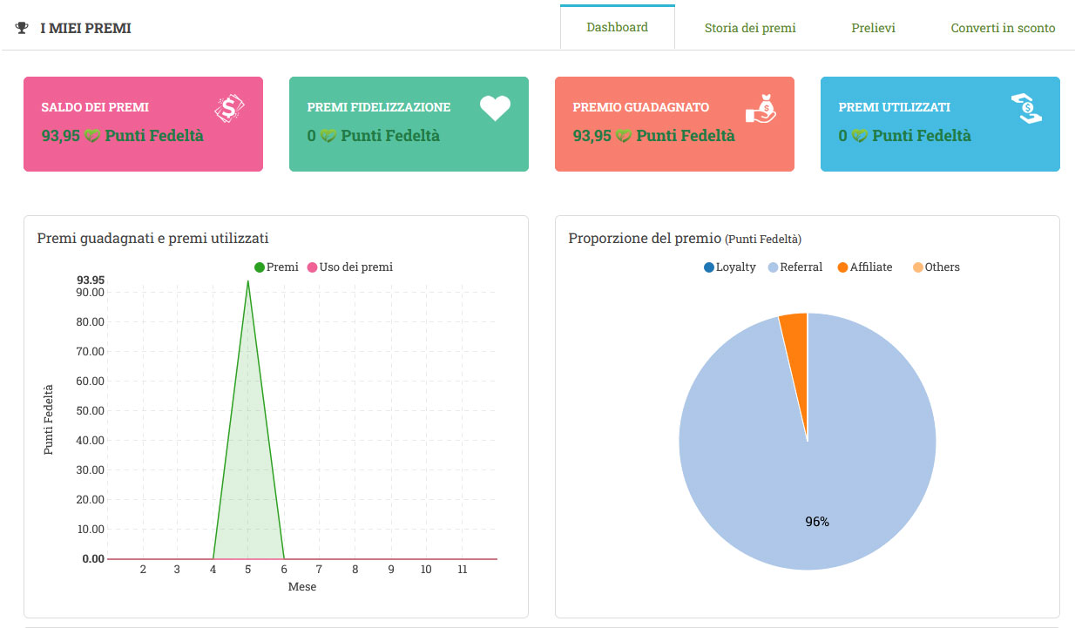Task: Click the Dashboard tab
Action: pos(617,27)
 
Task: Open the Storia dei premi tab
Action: pos(750,28)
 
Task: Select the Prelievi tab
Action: pos(873,28)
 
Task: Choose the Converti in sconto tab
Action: pos(1003,28)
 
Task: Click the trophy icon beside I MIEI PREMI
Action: pos(22,29)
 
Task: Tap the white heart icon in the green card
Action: pos(495,108)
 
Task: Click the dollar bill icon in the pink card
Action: pos(229,108)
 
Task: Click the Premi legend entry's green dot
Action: pos(260,267)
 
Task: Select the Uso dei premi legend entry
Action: pos(350,267)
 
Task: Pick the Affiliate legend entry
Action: pos(865,267)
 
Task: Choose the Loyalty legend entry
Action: pos(730,267)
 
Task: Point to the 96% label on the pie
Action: pos(817,522)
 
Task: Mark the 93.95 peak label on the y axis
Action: pos(91,280)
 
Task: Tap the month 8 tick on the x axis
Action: pos(355,570)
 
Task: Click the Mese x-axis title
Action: pos(302,587)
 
